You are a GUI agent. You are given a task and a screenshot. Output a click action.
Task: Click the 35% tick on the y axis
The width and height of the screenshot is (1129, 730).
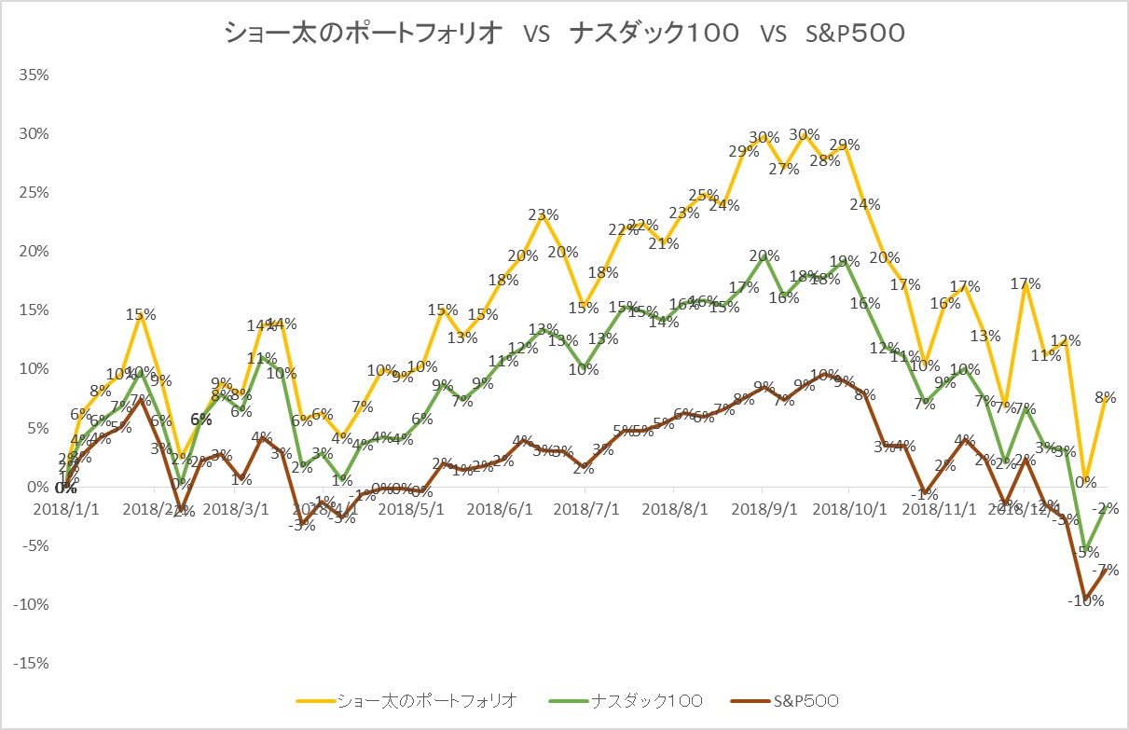34,75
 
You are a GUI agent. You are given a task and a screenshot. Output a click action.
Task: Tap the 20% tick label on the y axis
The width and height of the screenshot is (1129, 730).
34,252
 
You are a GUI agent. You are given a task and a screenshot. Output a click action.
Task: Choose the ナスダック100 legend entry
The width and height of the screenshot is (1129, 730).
648,700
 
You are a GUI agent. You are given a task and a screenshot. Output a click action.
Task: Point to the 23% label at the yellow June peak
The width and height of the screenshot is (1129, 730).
544,214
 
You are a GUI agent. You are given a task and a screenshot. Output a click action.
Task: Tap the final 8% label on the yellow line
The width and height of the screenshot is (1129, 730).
1106,397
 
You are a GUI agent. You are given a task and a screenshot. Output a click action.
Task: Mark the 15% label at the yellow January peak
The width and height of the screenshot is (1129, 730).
141,315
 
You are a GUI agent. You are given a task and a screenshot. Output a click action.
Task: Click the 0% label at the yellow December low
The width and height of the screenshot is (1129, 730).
1085,482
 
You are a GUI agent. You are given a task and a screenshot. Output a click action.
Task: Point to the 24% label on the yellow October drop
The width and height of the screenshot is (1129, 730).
865,204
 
